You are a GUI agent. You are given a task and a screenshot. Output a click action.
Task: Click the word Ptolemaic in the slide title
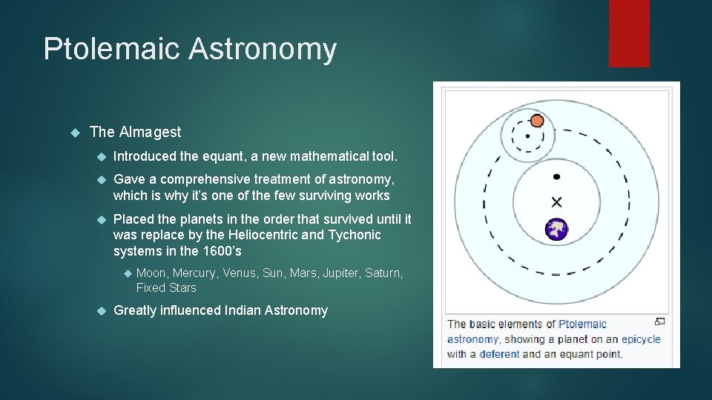point(111,49)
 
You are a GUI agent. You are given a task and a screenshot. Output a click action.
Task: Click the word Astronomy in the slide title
point(263,49)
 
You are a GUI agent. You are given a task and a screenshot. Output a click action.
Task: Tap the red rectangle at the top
point(629,33)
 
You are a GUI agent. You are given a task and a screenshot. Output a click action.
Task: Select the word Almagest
point(150,132)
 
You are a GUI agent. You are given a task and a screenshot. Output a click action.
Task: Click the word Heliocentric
point(269,235)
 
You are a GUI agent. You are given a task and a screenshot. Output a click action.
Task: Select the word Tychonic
point(355,235)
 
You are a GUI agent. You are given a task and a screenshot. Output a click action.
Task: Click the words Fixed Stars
point(166,287)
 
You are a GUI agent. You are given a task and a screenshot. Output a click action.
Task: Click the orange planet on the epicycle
point(537,121)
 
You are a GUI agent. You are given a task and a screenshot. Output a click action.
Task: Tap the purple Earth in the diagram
point(556,230)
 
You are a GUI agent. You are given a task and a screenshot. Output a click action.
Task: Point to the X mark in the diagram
point(556,201)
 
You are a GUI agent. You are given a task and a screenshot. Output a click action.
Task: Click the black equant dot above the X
point(556,177)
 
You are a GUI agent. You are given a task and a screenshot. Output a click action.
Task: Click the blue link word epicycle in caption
point(640,339)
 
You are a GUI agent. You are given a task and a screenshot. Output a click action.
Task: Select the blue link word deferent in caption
point(499,354)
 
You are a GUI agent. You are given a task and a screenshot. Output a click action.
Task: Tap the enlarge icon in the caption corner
point(660,321)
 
